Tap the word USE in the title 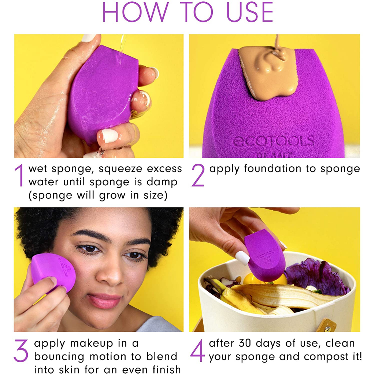pos(249,12)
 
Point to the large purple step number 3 pos(21,350)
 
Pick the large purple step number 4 pos(197,350)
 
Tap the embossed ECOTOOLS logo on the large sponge pos(273,141)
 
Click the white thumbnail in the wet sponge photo pos(109,135)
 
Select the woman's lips pos(105,301)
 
